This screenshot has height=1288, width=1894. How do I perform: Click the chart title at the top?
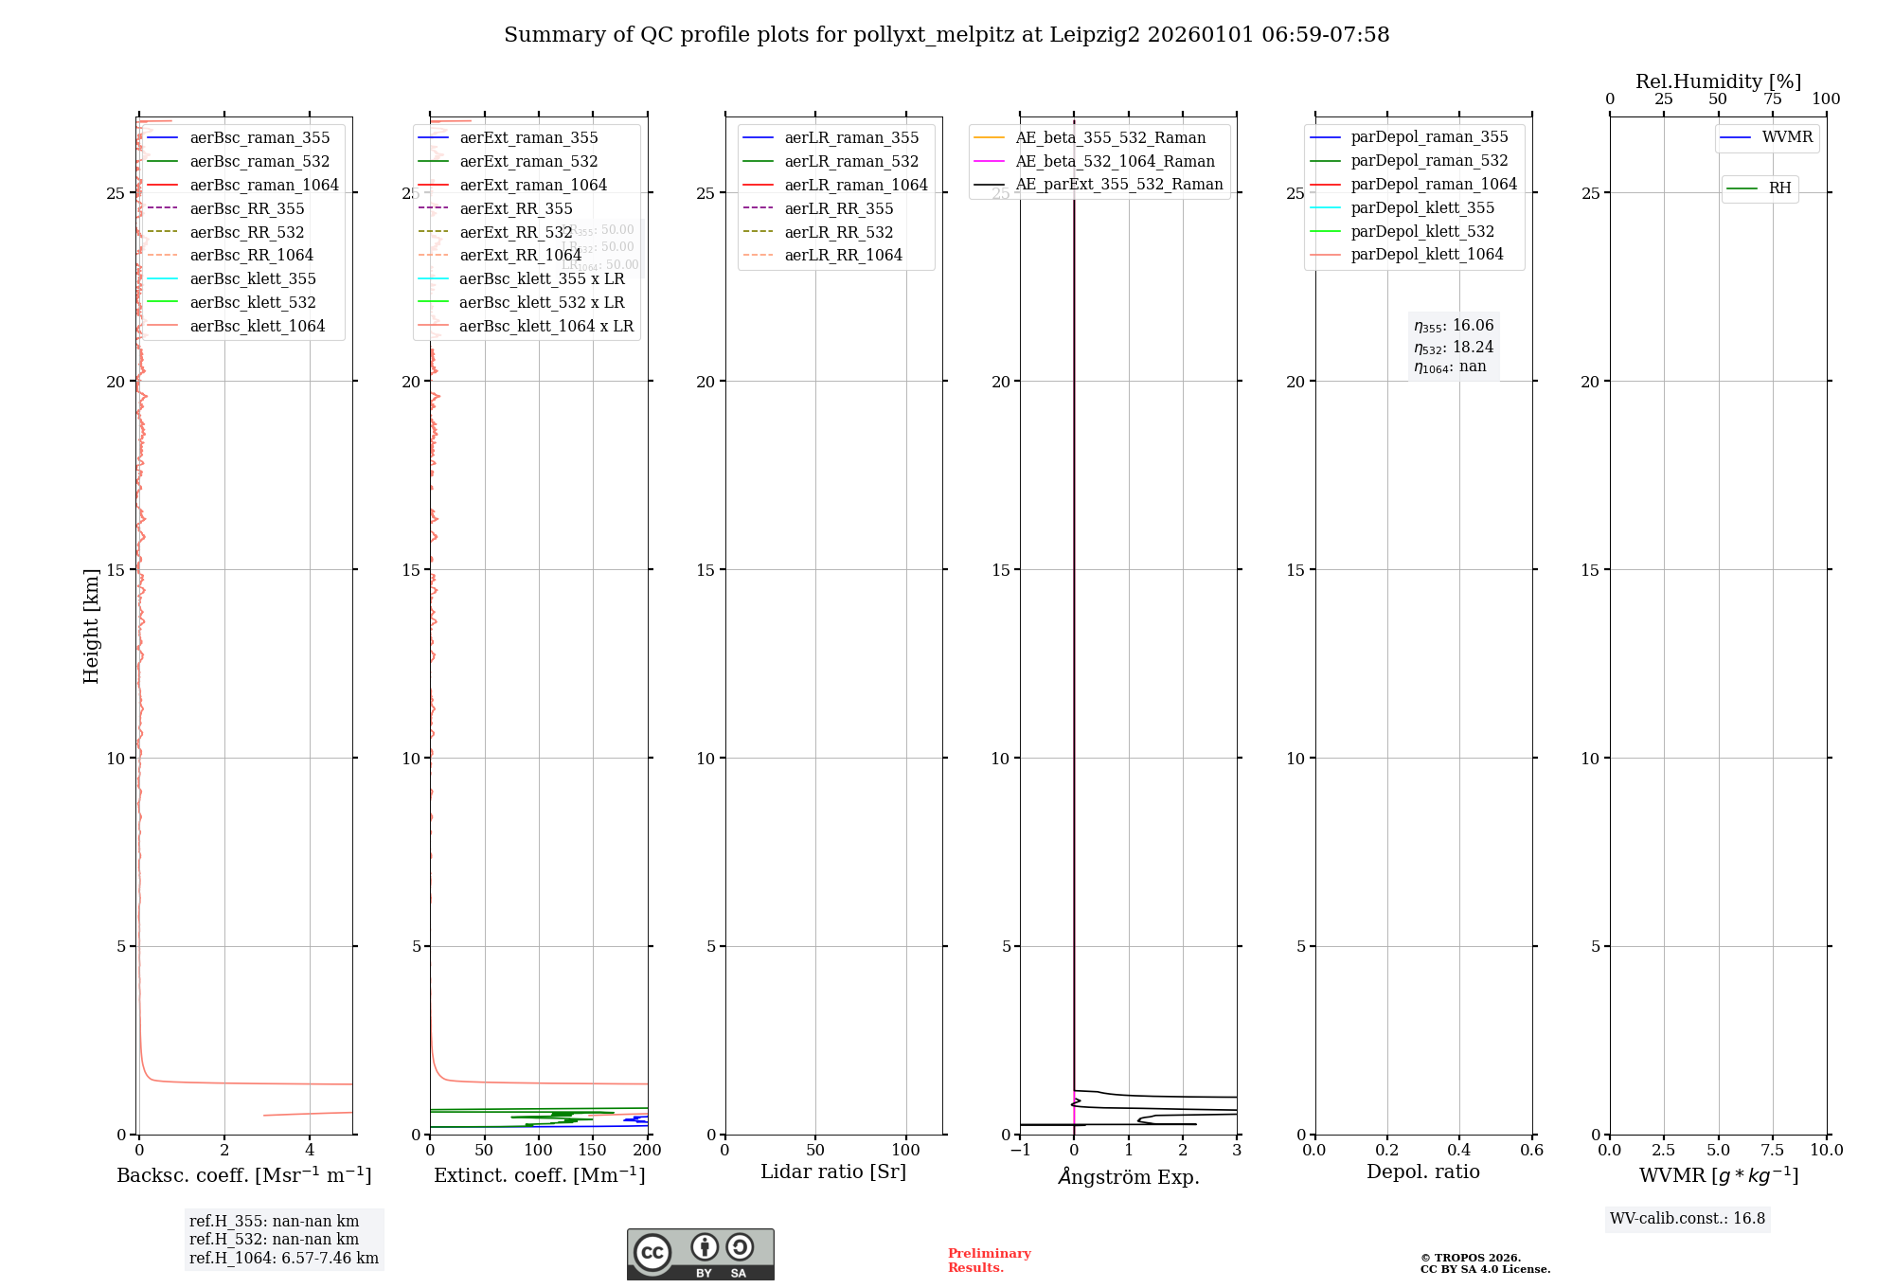(946, 35)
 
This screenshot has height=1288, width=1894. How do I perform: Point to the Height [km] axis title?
(91, 626)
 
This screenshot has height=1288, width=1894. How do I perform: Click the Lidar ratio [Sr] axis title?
(833, 1172)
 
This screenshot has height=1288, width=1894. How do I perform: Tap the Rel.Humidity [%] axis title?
(1718, 81)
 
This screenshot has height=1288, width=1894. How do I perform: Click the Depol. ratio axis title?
(1422, 1172)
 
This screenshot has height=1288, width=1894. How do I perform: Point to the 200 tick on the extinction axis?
(648, 1150)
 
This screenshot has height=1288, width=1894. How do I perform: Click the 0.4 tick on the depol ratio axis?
(1459, 1150)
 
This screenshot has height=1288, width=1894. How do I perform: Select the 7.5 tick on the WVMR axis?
(1773, 1150)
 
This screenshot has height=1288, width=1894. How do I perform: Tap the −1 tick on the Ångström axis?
(1020, 1150)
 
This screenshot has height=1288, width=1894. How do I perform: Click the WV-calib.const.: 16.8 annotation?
(1688, 1218)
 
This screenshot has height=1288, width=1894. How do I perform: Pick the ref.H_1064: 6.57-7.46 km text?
(284, 1258)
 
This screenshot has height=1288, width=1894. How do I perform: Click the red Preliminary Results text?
(989, 1261)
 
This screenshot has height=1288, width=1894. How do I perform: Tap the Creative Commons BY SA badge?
(700, 1254)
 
